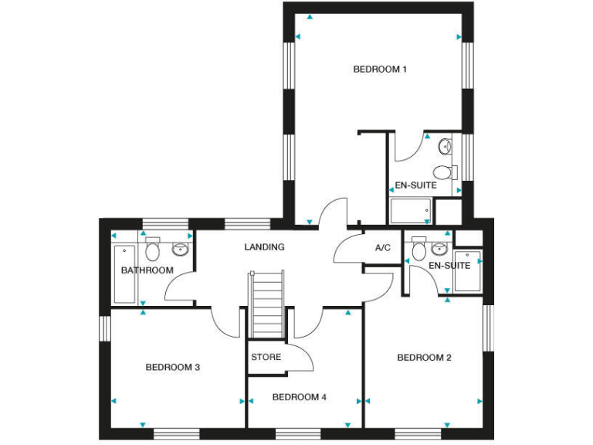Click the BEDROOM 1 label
[380, 70]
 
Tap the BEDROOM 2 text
[424, 358]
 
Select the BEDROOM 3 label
[173, 367]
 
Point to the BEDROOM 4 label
[300, 397]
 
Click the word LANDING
[264, 247]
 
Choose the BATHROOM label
[147, 270]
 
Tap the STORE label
[266, 358]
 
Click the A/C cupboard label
[383, 248]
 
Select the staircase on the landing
[266, 303]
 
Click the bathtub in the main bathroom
[124, 275]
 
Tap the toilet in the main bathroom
[152, 250]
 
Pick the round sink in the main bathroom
[180, 249]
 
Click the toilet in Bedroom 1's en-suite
[442, 171]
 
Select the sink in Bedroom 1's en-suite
[446, 145]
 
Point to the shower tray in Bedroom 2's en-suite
[467, 271]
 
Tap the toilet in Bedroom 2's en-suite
[419, 250]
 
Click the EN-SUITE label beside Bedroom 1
[415, 185]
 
